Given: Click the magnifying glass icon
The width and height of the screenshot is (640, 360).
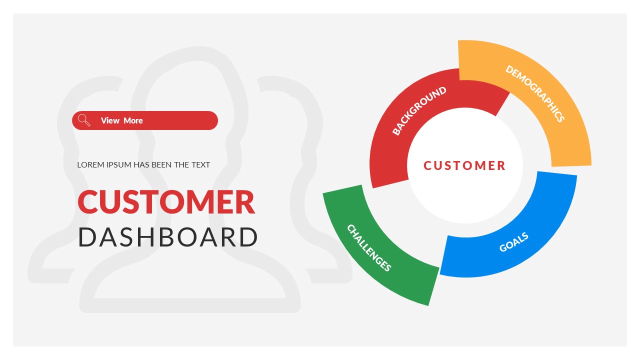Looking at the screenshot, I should coord(84,120).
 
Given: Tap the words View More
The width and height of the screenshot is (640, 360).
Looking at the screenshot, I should coord(121,120).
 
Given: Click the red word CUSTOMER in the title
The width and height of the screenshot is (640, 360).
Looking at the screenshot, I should coord(166,202).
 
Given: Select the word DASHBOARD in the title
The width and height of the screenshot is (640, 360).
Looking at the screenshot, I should coord(168,237).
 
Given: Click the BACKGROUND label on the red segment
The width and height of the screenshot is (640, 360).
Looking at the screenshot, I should coord(419,111).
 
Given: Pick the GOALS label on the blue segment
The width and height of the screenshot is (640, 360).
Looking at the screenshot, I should coord(513,242).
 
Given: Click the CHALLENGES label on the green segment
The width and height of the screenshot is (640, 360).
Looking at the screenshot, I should coord(368,248).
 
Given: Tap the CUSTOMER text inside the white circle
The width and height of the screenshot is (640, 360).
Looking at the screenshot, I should coord(464,165).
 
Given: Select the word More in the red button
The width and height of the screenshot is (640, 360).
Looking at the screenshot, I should coord(133,120).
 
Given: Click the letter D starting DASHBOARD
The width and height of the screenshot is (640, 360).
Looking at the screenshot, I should coord(87,237).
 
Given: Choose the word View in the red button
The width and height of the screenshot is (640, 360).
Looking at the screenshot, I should coord(110,120).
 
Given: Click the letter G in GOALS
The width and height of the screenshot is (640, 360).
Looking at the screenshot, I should coord(503,248).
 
